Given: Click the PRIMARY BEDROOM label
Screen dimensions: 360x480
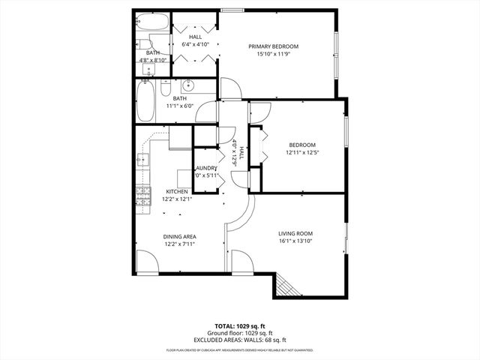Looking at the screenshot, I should [274, 46].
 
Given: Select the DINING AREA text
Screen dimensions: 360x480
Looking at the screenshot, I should [180, 237].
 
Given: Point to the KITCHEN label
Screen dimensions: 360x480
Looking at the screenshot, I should [177, 192].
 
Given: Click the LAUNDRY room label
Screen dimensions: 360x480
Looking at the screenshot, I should [206, 168].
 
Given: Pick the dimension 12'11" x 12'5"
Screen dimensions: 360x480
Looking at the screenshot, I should [301, 153].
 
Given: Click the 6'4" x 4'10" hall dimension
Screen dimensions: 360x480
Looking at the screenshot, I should [195, 44].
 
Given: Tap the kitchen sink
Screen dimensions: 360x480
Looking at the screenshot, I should [142, 160].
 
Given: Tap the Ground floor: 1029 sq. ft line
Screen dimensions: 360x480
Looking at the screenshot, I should [240, 333].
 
